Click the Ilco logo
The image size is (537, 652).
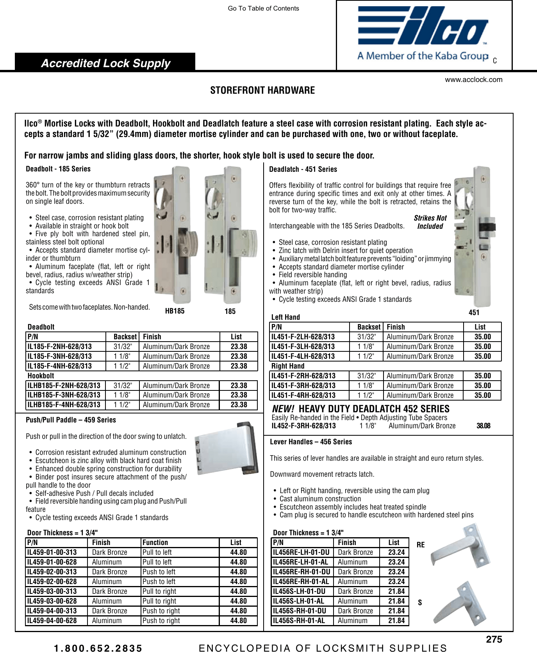point(423,34)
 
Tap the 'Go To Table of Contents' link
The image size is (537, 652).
point(263,8)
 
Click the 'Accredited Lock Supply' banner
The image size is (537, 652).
point(105,63)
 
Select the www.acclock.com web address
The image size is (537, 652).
point(473,80)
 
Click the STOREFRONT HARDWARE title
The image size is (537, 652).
point(262,90)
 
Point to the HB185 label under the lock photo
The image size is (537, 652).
point(175,311)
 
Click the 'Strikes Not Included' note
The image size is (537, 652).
point(430,222)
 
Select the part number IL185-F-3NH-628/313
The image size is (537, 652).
point(60,356)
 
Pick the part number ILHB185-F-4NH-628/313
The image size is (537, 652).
point(64,405)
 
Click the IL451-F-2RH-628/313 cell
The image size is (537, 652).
point(303,376)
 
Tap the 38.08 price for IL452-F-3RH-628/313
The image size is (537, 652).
point(483,426)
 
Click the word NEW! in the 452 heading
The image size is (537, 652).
point(283,409)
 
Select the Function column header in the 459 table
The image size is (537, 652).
point(155,542)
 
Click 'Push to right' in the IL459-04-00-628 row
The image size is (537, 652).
point(161,620)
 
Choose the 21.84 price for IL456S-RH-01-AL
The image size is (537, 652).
point(396,620)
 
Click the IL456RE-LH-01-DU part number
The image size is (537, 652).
point(301,552)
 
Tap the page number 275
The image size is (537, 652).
point(494,640)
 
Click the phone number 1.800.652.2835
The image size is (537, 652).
point(98,648)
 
